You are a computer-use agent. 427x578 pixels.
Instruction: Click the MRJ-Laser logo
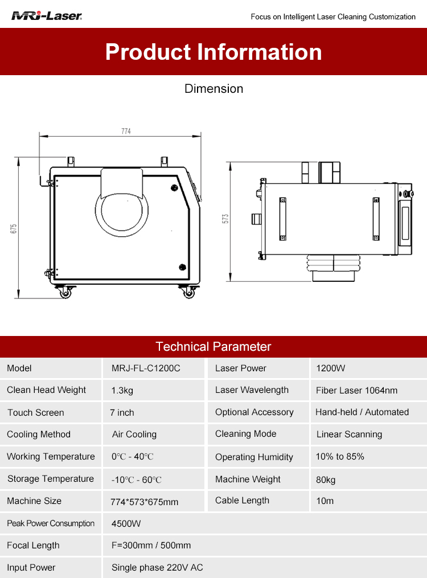[47, 16]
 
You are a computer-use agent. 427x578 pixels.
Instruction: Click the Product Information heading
[213, 52]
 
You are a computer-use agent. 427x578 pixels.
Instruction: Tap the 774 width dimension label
[126, 132]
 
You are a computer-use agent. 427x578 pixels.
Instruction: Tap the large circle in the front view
[122, 209]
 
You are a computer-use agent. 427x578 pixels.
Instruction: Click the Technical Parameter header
[213, 347]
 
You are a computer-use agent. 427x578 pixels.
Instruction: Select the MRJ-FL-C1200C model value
[146, 368]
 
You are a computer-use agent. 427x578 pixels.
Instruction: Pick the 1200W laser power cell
[331, 368]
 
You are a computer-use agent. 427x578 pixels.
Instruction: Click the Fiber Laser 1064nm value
[356, 391]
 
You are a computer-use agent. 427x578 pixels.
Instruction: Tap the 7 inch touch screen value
[122, 413]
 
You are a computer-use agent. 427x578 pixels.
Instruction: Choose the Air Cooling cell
[134, 434]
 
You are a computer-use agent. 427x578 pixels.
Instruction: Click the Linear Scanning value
[349, 434]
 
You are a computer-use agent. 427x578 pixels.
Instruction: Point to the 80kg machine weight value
[326, 479]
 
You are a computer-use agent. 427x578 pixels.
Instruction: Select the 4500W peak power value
[126, 523]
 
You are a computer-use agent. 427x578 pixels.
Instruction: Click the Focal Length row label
[33, 546]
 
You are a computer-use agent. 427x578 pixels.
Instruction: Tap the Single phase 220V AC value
[157, 568]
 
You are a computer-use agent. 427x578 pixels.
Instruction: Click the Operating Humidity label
[254, 457]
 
